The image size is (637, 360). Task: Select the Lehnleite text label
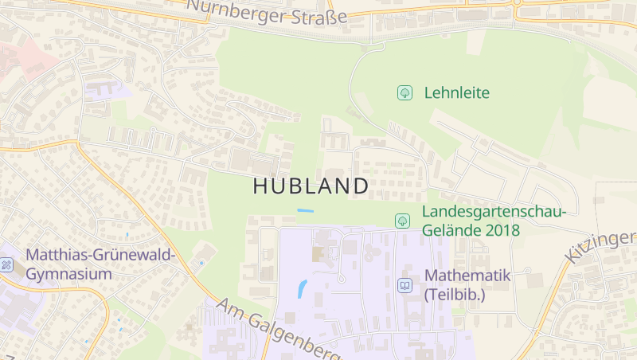pyautogui.click(x=456, y=92)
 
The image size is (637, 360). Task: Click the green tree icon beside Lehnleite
pyautogui.click(x=404, y=93)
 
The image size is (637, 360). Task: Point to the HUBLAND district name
pyautogui.click(x=311, y=186)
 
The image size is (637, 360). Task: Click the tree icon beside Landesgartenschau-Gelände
pyautogui.click(x=402, y=221)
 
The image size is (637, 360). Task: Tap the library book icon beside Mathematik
pyautogui.click(x=404, y=284)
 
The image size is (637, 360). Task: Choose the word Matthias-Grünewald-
pyautogui.click(x=100, y=255)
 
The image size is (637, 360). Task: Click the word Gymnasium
pyautogui.click(x=69, y=273)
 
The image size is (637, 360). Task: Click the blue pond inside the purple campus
pyautogui.click(x=302, y=288)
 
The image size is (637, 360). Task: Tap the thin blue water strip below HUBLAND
pyautogui.click(x=305, y=210)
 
